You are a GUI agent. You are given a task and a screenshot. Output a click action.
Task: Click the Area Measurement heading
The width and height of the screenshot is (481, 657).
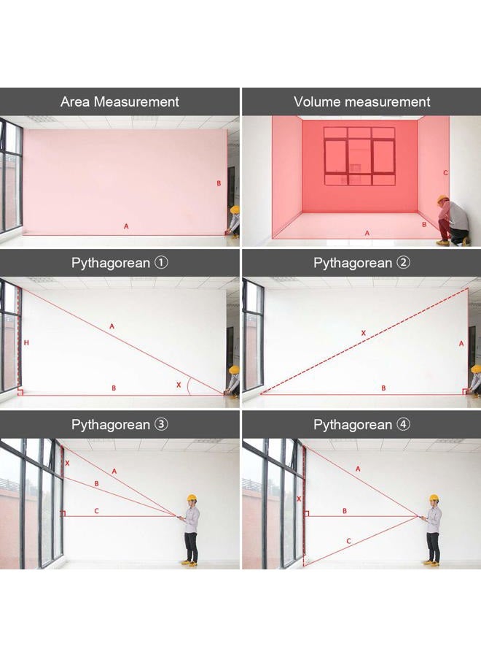(120, 101)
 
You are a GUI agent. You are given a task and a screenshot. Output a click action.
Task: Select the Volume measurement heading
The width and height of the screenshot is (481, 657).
(361, 101)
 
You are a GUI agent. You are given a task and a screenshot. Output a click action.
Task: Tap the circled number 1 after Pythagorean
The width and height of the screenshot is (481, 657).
(162, 263)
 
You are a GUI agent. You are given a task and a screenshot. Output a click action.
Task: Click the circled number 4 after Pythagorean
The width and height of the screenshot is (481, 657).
(404, 424)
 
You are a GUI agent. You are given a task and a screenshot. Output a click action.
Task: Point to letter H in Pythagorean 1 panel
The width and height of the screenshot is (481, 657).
(26, 343)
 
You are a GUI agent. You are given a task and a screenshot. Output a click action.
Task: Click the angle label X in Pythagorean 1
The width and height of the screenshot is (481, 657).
(179, 385)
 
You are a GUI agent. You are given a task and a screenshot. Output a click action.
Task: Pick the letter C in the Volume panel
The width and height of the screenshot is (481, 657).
(445, 172)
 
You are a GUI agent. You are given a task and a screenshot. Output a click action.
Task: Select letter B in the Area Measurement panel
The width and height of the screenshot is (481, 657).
(219, 183)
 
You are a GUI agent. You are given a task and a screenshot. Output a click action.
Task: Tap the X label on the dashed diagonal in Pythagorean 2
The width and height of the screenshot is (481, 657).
(364, 333)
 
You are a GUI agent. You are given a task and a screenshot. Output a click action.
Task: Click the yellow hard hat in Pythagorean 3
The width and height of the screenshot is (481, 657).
(192, 498)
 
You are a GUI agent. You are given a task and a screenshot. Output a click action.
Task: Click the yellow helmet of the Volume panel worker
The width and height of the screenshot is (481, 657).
(442, 199)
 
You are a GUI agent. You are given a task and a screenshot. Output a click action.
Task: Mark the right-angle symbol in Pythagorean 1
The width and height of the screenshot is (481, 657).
(20, 392)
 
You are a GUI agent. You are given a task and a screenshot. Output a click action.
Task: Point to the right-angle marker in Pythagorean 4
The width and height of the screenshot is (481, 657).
(306, 513)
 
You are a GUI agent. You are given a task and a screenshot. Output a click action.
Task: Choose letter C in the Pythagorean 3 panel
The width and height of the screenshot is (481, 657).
(97, 511)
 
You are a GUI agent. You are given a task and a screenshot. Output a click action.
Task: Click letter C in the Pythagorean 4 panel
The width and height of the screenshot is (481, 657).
(349, 541)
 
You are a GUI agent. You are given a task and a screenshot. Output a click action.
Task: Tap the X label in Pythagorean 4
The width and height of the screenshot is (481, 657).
(299, 499)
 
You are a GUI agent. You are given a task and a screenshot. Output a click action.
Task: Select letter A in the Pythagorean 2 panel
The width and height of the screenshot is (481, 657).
(461, 344)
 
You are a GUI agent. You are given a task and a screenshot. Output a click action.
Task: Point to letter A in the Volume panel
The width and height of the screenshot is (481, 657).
(367, 233)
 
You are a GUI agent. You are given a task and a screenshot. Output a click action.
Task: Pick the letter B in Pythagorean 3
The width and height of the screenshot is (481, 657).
(97, 483)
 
